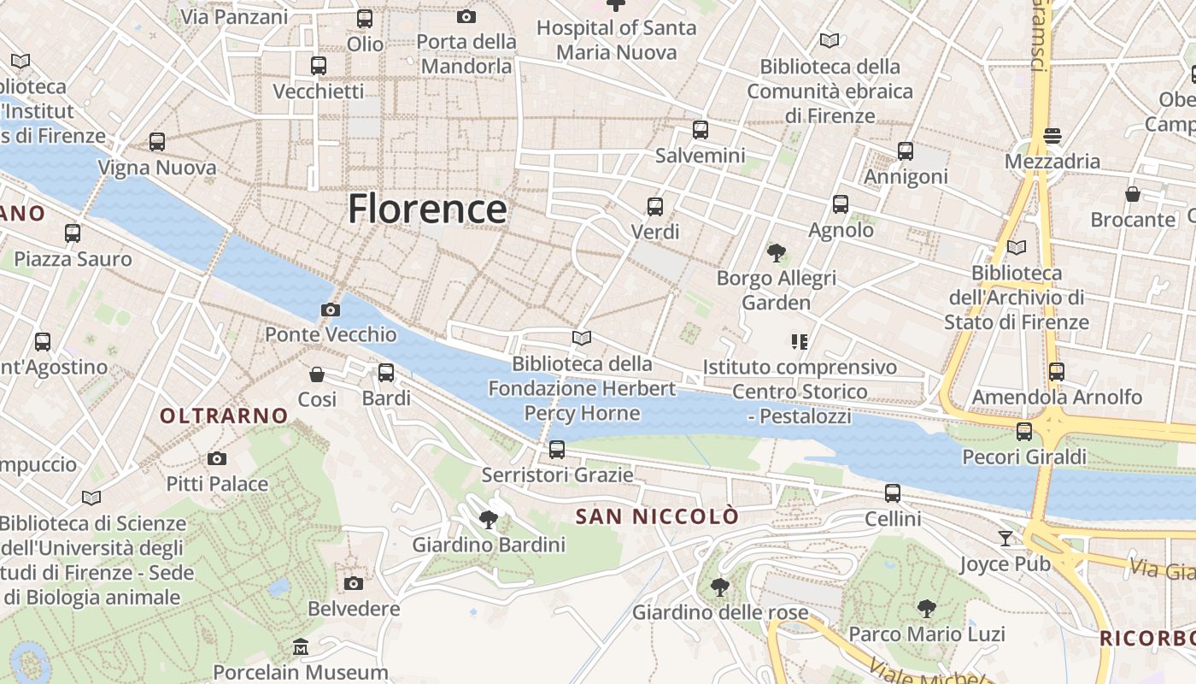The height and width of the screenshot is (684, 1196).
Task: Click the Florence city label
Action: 427,209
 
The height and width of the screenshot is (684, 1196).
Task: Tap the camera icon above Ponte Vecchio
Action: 331,310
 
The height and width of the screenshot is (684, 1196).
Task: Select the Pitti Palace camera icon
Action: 217,459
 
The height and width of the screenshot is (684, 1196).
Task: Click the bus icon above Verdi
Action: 655,206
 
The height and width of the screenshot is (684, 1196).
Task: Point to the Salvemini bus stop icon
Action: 701,130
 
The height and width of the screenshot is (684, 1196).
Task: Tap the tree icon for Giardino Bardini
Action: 489,519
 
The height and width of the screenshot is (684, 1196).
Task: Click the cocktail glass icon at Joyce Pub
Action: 1005,539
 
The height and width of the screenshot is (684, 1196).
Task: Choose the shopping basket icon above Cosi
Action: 317,374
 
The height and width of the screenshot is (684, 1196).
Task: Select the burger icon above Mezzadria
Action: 1052,136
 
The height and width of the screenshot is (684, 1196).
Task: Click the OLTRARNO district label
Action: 225,416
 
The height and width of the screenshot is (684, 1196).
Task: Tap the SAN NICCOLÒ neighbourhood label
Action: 657,516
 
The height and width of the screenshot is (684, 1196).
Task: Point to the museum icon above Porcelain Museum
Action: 300,647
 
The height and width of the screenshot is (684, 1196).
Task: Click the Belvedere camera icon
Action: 354,583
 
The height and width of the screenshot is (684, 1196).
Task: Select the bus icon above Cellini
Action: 893,493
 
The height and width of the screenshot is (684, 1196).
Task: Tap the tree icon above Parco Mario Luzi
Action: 926,609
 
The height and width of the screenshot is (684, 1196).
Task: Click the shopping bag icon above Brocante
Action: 1133,194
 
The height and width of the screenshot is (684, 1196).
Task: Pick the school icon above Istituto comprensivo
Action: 800,342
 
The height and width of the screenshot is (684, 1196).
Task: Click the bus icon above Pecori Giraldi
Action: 1024,431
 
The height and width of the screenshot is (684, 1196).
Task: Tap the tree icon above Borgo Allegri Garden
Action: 777,252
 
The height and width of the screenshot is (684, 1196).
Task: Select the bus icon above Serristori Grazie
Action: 557,449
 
